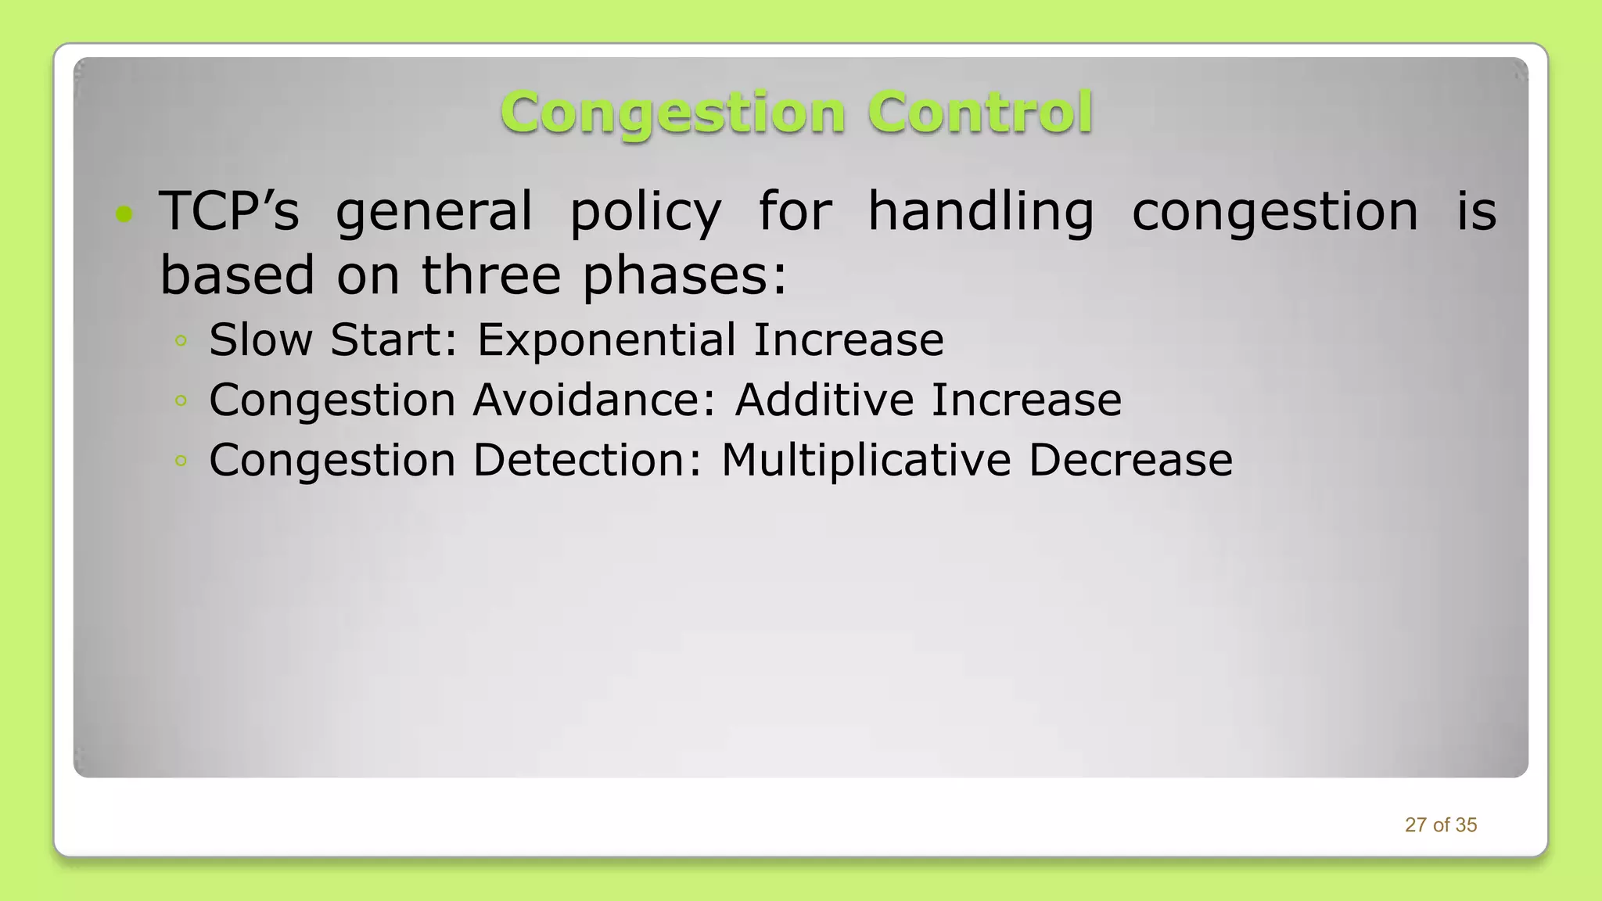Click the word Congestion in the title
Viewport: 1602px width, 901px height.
[x=673, y=113]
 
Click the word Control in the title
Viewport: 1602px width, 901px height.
[x=979, y=113]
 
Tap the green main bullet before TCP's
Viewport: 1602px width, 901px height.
[x=124, y=214]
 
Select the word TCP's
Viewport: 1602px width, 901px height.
[x=229, y=211]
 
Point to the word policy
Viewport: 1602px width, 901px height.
[x=645, y=213]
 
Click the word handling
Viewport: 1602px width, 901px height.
[x=981, y=213]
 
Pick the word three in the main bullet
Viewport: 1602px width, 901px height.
[x=491, y=275]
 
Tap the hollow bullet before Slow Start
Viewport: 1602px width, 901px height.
[x=181, y=340]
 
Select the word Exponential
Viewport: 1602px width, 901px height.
[x=606, y=340]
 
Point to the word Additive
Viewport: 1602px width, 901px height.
[x=824, y=400]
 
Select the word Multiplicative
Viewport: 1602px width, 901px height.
[x=865, y=460]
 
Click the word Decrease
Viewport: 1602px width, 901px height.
[x=1130, y=460]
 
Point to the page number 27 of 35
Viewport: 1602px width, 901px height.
[x=1440, y=825]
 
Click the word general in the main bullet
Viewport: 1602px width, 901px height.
[x=434, y=213]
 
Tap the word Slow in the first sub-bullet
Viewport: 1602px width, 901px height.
[x=260, y=340]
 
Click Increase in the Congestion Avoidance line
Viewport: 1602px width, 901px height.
[x=1026, y=400]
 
